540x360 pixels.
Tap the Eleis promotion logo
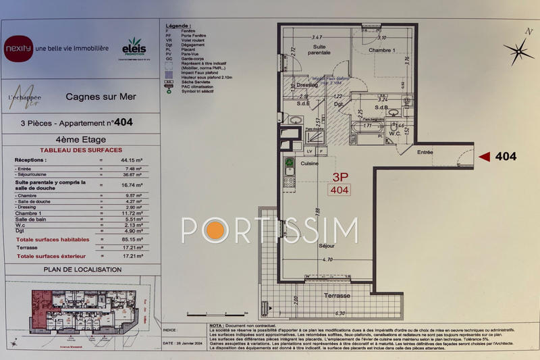coord(134,48)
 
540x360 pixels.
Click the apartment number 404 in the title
coord(124,124)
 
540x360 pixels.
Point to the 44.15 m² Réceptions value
coord(129,159)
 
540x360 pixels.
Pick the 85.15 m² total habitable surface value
coord(128,239)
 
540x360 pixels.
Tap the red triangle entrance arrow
coord(483,157)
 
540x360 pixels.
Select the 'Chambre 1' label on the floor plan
coord(382,50)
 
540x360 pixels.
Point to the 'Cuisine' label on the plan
coord(309,163)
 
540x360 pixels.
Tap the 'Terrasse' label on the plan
coord(336,296)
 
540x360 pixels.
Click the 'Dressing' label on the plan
coord(307,86)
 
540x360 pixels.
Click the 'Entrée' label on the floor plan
coord(425,153)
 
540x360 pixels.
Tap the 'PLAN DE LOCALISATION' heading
coord(83,269)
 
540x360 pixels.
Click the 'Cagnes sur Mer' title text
coord(101,97)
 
